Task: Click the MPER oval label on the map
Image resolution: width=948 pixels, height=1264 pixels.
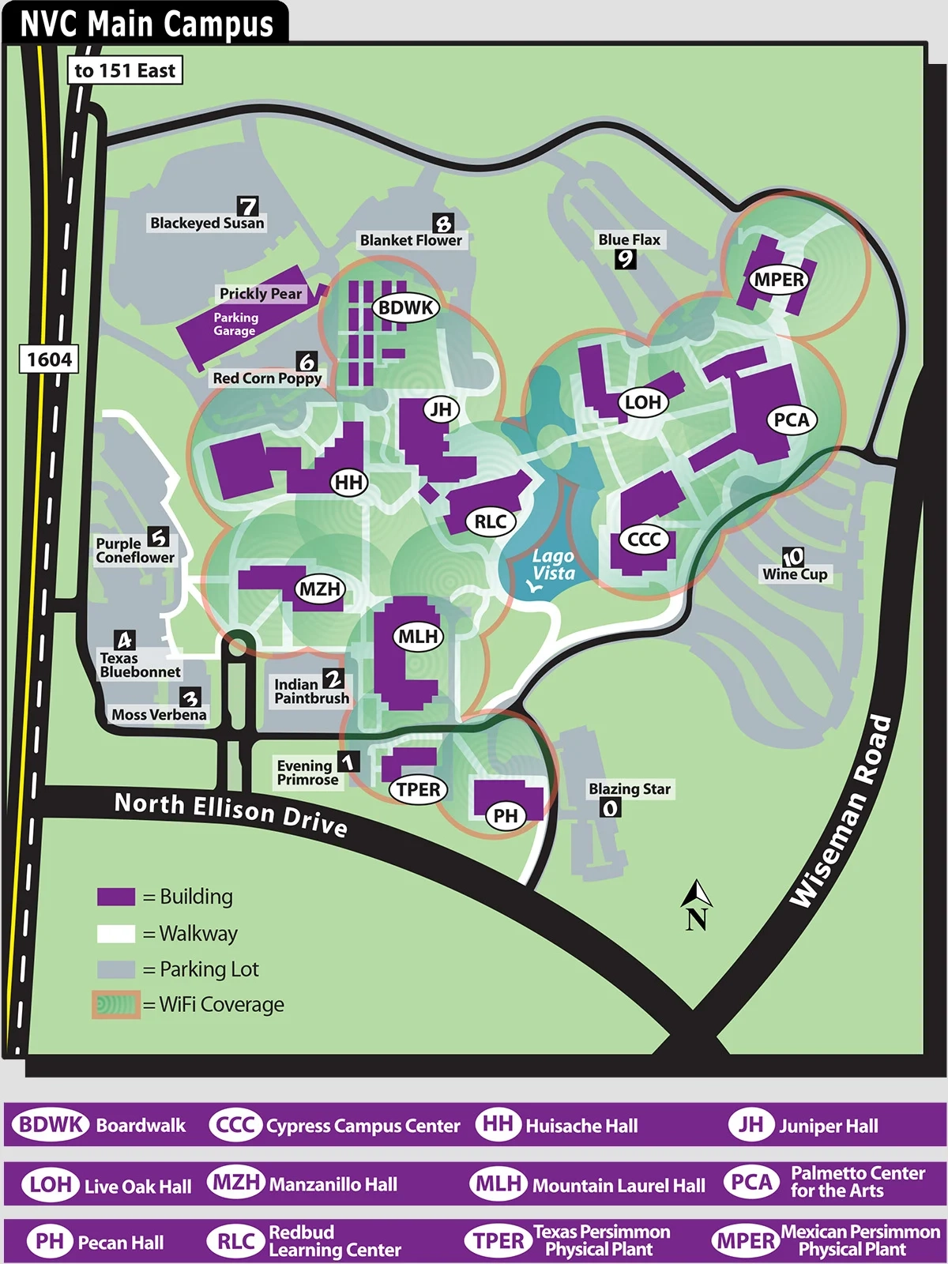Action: pyautogui.click(x=779, y=280)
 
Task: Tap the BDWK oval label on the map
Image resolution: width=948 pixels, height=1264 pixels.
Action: pyautogui.click(x=406, y=307)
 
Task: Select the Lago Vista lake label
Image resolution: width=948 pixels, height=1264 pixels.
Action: pyautogui.click(x=553, y=566)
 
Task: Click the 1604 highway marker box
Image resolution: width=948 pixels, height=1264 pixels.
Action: pyautogui.click(x=49, y=359)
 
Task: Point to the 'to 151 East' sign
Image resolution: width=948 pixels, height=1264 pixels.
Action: pyautogui.click(x=125, y=70)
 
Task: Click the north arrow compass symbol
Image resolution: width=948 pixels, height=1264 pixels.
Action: pyautogui.click(x=696, y=905)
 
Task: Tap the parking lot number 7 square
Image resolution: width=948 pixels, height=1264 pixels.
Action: pyautogui.click(x=248, y=206)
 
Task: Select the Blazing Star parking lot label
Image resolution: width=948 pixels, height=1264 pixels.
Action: pyautogui.click(x=630, y=788)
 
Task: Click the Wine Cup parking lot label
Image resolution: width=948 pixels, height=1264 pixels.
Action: pyautogui.click(x=795, y=574)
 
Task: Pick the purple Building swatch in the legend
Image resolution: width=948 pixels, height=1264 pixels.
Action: pyautogui.click(x=116, y=897)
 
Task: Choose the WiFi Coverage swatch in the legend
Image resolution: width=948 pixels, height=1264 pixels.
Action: pyautogui.click(x=116, y=1005)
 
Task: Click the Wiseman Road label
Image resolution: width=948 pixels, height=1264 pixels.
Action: pyautogui.click(x=841, y=811)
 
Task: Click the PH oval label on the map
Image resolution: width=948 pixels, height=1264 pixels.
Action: pyautogui.click(x=506, y=815)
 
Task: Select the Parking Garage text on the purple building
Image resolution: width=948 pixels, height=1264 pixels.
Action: pyautogui.click(x=235, y=324)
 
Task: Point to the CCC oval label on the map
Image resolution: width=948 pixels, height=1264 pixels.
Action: pyautogui.click(x=644, y=540)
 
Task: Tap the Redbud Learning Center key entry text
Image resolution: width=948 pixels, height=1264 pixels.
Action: pyautogui.click(x=334, y=1241)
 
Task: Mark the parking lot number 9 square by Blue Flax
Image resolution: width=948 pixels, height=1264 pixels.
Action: pyautogui.click(x=626, y=258)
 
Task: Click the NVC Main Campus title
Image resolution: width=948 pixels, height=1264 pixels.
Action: pyautogui.click(x=147, y=24)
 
